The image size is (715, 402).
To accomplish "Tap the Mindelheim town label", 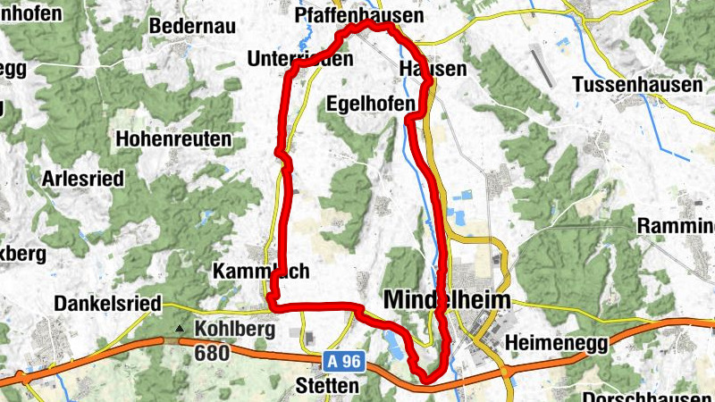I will coord(446,300).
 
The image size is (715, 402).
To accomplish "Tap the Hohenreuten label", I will coord(172,139).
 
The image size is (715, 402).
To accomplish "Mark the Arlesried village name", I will coord(82,178).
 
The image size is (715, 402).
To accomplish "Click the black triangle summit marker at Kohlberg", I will coord(181,329).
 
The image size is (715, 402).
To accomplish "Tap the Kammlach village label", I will coord(248,271).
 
